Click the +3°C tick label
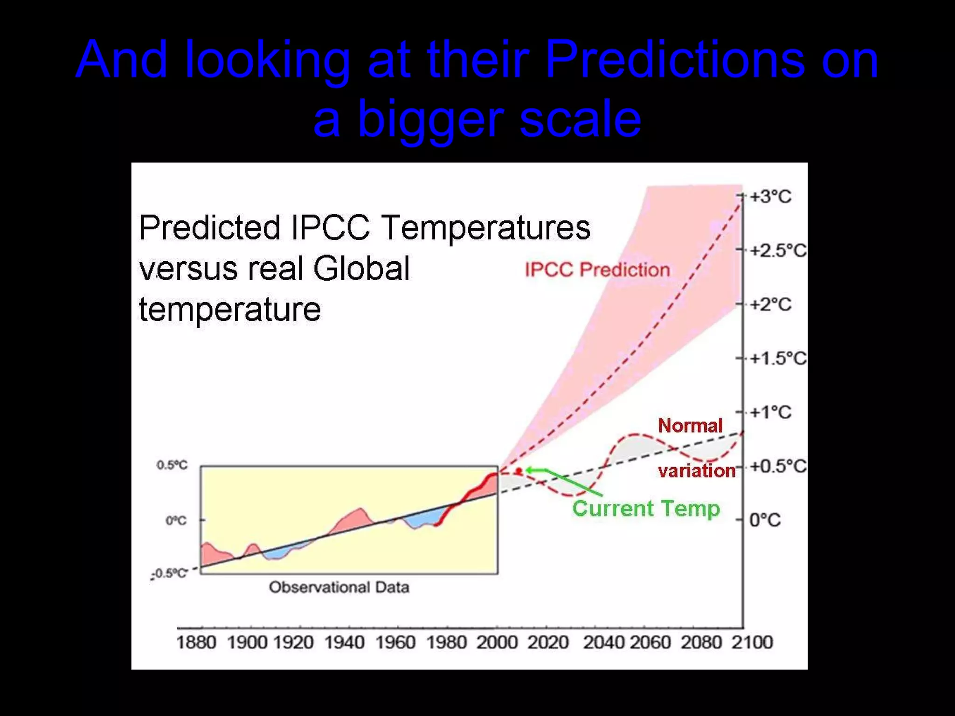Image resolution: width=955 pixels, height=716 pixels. tap(770, 197)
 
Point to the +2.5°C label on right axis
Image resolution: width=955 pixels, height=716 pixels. tap(778, 251)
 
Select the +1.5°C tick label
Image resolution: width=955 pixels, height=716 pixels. tap(778, 358)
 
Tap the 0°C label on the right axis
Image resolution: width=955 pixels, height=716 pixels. tap(765, 520)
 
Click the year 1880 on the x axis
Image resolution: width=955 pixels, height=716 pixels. tap(196, 643)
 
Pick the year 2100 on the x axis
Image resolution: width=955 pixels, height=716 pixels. tap(752, 643)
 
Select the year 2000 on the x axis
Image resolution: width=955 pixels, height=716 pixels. tap(497, 643)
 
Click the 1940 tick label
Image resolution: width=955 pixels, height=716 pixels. tap(344, 643)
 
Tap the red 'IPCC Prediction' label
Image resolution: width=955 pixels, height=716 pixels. tap(597, 270)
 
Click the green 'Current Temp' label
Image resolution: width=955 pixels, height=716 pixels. tap(646, 509)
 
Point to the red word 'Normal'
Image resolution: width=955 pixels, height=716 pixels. tap(690, 426)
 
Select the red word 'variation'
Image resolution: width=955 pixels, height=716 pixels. tap(697, 471)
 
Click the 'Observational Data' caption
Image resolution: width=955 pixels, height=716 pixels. tap(339, 587)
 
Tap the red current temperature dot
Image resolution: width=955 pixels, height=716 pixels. tap(519, 472)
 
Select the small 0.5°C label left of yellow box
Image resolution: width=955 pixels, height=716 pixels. tap(172, 465)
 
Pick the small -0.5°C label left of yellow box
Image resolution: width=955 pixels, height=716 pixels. tap(170, 573)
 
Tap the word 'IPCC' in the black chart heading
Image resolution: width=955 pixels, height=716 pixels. tap(330, 228)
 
